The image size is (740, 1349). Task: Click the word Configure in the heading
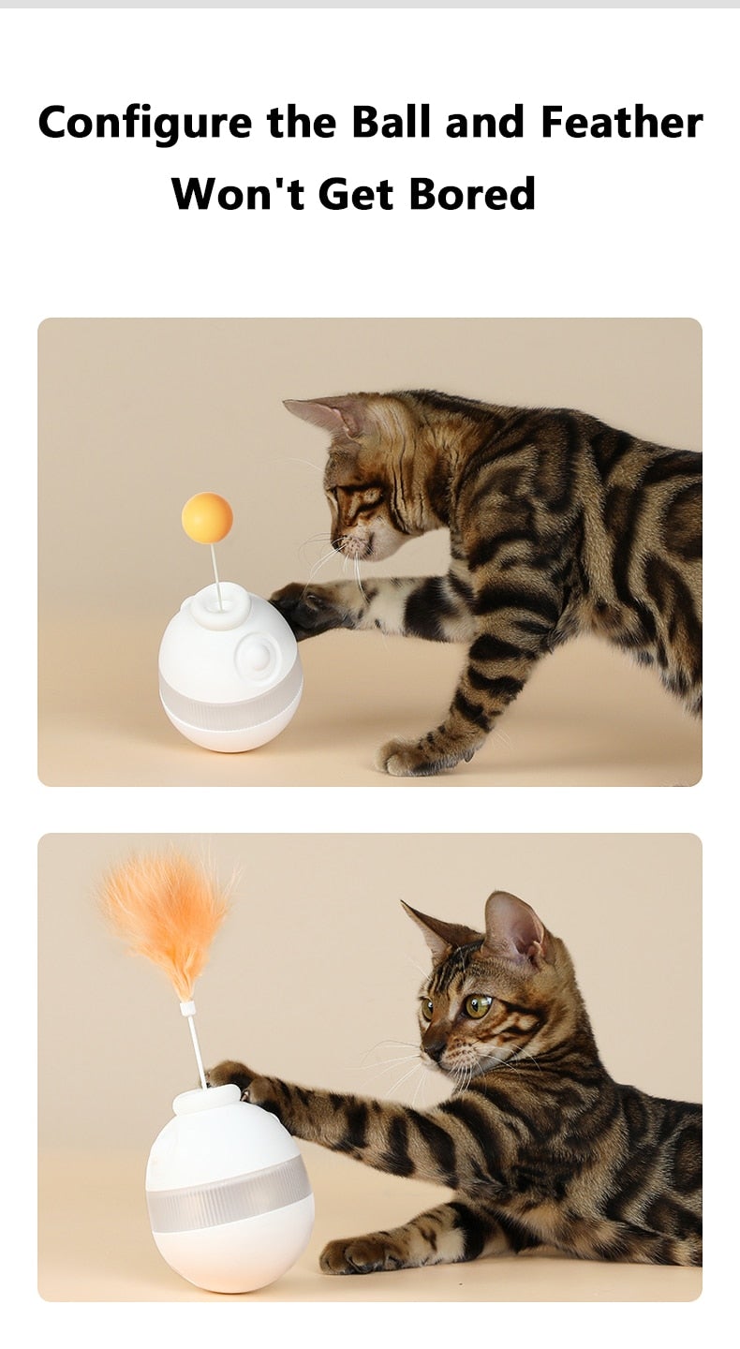click(145, 124)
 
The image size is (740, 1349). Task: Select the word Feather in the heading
click(621, 122)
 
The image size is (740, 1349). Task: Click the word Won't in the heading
click(239, 194)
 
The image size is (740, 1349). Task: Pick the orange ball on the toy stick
click(207, 518)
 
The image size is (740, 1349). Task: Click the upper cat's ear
click(323, 413)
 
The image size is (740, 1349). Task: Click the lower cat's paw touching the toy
click(234, 1077)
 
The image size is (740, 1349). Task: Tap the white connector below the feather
click(188, 1009)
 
